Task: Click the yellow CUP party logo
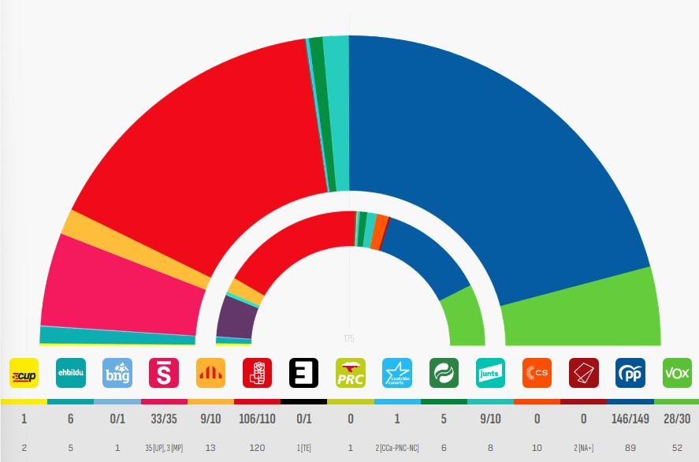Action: pyautogui.click(x=24, y=373)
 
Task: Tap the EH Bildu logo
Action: pyautogui.click(x=70, y=373)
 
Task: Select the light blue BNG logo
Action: pyautogui.click(x=117, y=373)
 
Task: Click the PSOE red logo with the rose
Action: pyautogui.click(x=257, y=373)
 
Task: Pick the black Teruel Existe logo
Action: pyautogui.click(x=303, y=373)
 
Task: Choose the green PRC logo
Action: pyautogui.click(x=350, y=373)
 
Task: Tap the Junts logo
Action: pyautogui.click(x=490, y=373)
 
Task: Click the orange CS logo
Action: pyautogui.click(x=537, y=373)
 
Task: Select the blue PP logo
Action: pyautogui.click(x=630, y=373)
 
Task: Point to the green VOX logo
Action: pyautogui.click(x=676, y=373)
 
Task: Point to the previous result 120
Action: pyautogui.click(x=257, y=448)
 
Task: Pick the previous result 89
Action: pyautogui.click(x=630, y=448)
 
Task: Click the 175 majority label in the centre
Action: pyautogui.click(x=349, y=338)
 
